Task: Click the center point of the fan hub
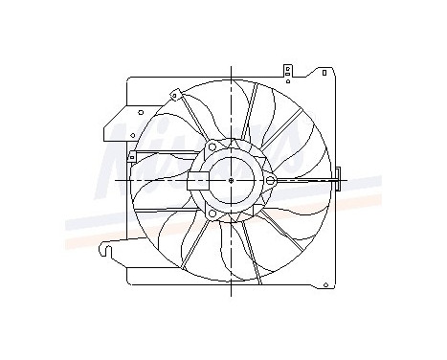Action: tap(232, 179)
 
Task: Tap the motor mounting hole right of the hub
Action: tap(270, 180)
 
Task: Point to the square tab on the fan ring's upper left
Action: tap(175, 94)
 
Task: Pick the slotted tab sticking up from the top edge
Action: tap(287, 69)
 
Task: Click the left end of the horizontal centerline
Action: tap(115, 180)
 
